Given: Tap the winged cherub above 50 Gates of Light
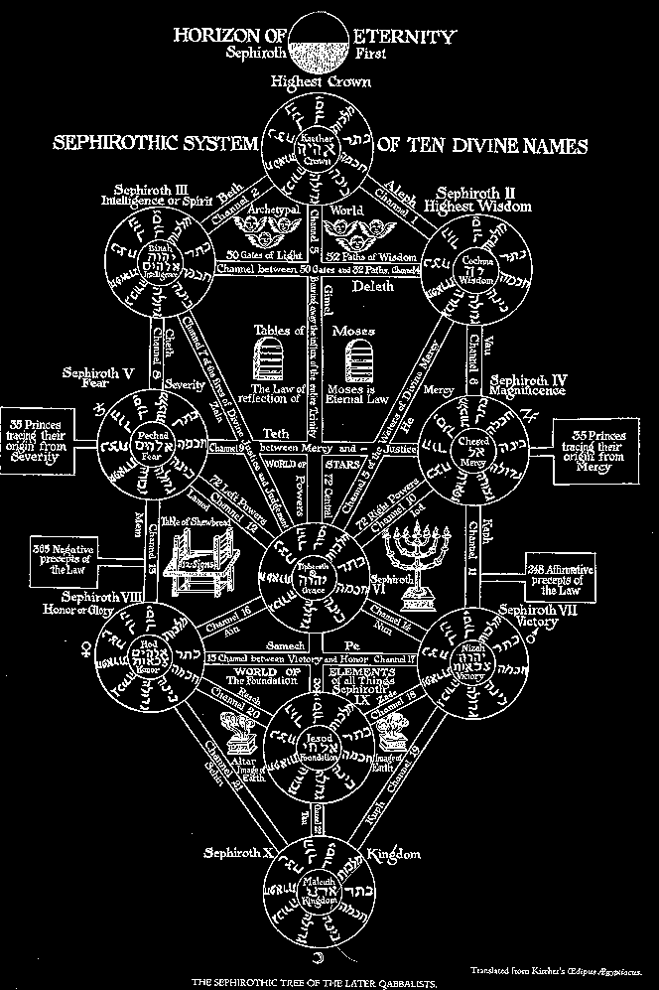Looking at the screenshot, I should [259, 231].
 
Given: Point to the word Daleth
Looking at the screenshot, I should [373, 286].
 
